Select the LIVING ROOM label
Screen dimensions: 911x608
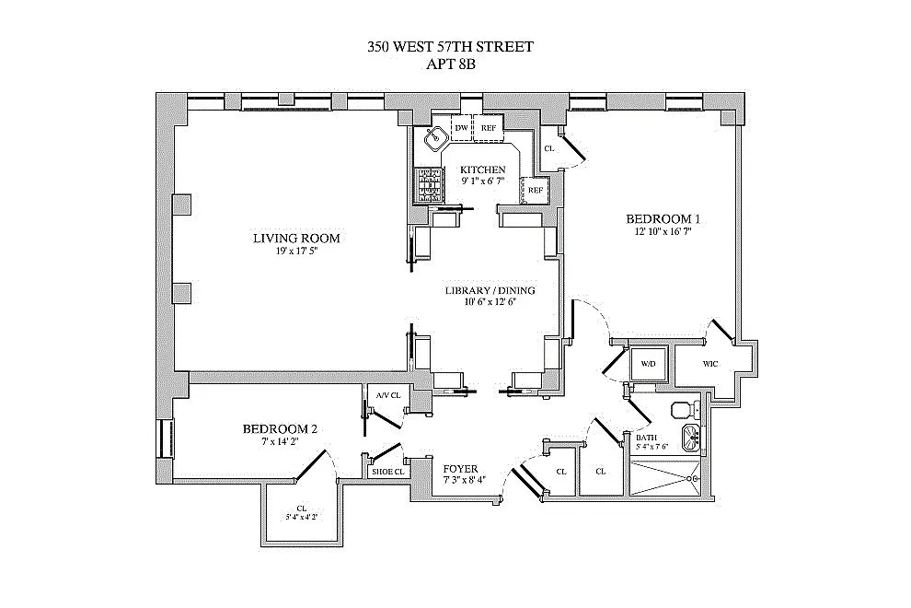pos(296,239)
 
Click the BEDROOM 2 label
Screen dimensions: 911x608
pos(280,428)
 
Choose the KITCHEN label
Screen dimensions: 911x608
pos(483,170)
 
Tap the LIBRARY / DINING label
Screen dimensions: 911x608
pos(490,291)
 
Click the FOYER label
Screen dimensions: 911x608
pos(460,467)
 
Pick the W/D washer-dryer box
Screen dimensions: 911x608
pos(648,364)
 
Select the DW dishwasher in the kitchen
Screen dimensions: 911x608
pos(461,128)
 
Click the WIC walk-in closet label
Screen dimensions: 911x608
pos(710,364)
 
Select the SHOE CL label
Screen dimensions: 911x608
pos(387,472)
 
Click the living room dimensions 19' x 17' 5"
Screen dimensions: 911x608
pos(296,251)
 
